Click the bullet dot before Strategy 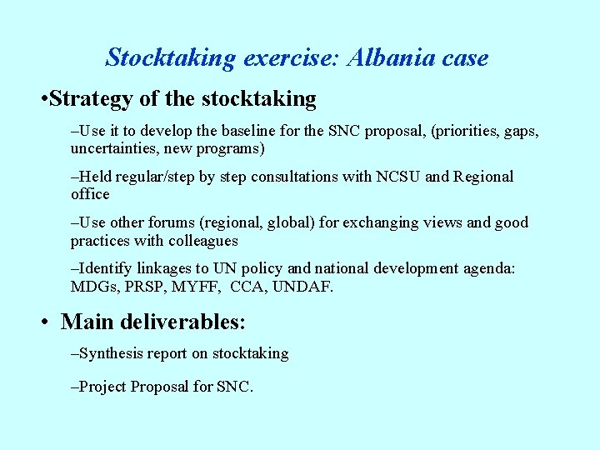[x=42, y=100]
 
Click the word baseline [x=236, y=132]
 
